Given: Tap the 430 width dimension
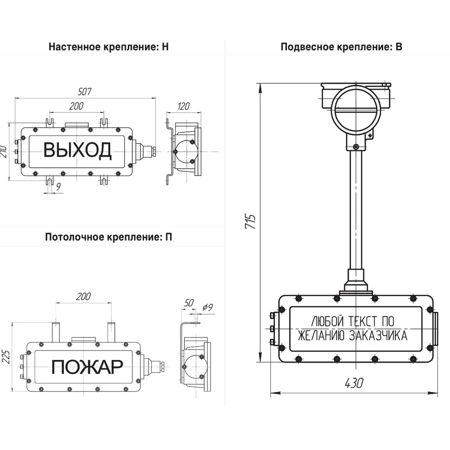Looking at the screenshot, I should [354, 383].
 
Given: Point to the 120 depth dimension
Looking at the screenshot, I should [184, 106].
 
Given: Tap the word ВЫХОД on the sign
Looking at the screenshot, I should [77, 150].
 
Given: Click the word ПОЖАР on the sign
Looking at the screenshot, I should [87, 367].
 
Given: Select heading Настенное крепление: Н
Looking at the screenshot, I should [108, 47].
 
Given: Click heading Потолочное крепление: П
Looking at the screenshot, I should [108, 237].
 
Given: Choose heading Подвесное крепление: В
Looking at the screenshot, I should [341, 47].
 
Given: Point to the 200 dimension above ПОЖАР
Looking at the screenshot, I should [84, 296].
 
